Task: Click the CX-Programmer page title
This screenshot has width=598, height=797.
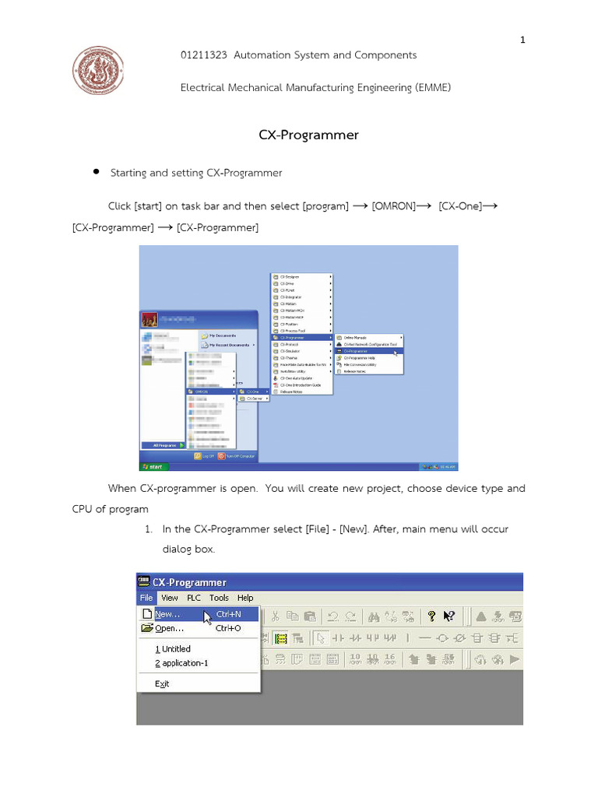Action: coord(308,135)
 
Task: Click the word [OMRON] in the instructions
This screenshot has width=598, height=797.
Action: coord(399,206)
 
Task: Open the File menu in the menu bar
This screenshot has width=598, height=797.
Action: coord(146,598)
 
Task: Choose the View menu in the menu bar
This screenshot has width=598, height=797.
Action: coord(170,598)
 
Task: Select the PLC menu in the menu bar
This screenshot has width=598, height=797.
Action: coord(194,598)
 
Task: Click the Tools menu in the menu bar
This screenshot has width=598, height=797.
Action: coord(219,598)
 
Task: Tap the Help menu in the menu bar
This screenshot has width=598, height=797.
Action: coord(245,598)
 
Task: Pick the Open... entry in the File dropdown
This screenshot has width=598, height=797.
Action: coord(170,628)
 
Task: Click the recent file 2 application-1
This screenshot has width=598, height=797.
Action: coord(181,663)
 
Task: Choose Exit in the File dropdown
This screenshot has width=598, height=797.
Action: coord(162,683)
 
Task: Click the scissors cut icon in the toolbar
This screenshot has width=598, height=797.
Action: coord(276,616)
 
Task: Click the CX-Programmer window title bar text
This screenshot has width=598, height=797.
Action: coord(189,582)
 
